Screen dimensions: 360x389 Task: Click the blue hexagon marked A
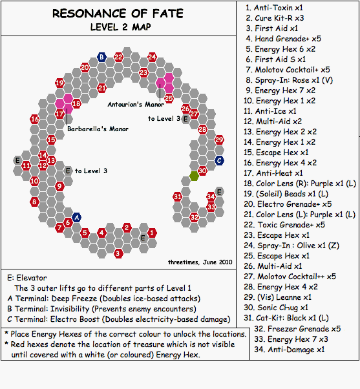click(76, 218)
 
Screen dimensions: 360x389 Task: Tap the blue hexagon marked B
click(101, 57)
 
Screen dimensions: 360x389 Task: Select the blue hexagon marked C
click(219, 160)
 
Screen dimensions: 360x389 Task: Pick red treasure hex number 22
click(118, 57)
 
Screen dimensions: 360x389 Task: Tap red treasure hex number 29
click(219, 140)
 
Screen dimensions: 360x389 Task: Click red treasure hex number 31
click(177, 196)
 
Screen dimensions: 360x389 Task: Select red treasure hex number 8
click(34, 202)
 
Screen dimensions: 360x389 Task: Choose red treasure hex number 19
click(59, 83)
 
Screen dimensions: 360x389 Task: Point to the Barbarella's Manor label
click(97, 129)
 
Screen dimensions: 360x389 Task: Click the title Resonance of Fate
click(116, 14)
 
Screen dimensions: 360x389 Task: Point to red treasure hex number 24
click(152, 57)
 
